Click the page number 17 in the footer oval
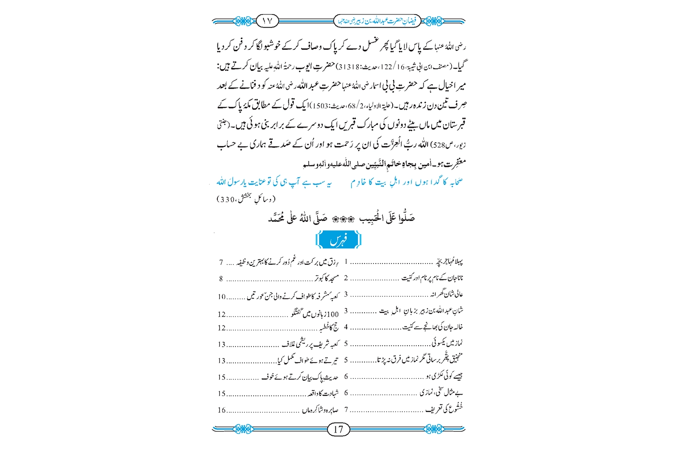click(x=338, y=429)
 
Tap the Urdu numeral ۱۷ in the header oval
click(x=267, y=21)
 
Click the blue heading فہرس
click(x=339, y=240)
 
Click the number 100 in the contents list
click(x=332, y=315)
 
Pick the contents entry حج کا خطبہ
click(x=329, y=328)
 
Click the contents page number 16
click(x=221, y=410)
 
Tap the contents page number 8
click(x=221, y=279)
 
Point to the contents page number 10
click(x=221, y=297)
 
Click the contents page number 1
click(x=346, y=262)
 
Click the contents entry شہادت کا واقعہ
click(x=323, y=394)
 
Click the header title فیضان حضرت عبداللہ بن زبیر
click(x=377, y=21)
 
